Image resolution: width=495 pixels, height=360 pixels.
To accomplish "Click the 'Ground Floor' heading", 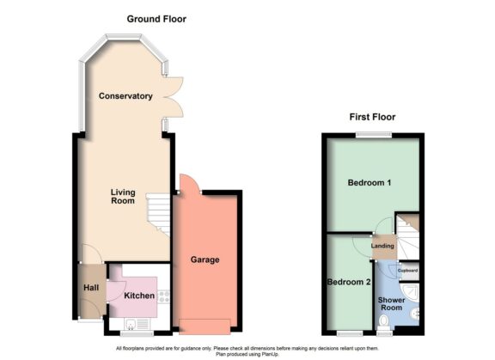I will [156, 19].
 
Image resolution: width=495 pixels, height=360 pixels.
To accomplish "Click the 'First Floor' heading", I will [371, 117].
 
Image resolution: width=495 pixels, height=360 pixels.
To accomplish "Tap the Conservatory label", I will [125, 95].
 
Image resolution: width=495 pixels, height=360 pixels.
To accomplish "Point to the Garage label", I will [205, 259].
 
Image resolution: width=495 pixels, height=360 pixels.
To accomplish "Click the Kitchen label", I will [138, 296].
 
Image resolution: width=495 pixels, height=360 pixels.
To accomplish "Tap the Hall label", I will [91, 288].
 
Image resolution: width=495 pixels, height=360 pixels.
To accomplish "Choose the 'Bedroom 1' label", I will [370, 184].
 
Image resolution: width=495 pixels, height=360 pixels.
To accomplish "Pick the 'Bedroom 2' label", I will [349, 282].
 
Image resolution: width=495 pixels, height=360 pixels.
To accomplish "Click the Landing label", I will [382, 247].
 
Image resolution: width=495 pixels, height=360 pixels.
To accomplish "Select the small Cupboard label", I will [407, 271].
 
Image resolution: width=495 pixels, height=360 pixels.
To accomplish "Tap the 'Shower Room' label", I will [391, 302].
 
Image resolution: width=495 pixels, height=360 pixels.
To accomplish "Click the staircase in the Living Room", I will [157, 213].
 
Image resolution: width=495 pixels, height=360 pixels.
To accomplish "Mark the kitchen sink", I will [131, 323].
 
